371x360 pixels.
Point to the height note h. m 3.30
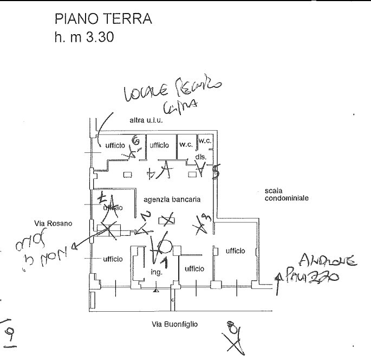pyautogui.click(x=84, y=39)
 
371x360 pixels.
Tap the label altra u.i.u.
pyautogui.click(x=146, y=120)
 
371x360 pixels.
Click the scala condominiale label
pyautogui.click(x=287, y=195)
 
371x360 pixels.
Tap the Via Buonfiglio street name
pyautogui.click(x=175, y=325)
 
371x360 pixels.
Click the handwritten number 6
pyautogui.click(x=136, y=142)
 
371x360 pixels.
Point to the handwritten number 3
pyautogui.click(x=207, y=218)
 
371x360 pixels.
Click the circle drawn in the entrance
pyautogui.click(x=165, y=247)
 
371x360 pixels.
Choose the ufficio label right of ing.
pyautogui.click(x=193, y=269)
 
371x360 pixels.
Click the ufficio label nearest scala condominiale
pyautogui.click(x=235, y=250)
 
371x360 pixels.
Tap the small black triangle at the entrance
pyautogui.click(x=155, y=292)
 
